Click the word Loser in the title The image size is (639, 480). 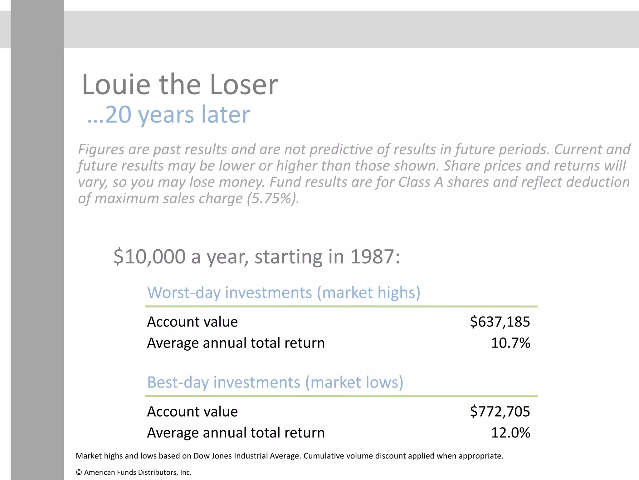tap(244, 85)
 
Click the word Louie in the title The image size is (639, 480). tap(116, 85)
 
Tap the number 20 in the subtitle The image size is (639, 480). tap(118, 115)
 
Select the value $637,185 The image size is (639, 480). tap(500, 322)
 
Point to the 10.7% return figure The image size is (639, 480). tap(510, 343)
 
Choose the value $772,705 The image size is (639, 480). tap(500, 411)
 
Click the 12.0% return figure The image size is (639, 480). tap(510, 432)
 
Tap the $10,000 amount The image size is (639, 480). tap(149, 257)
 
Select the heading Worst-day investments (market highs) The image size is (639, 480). tap(284, 292)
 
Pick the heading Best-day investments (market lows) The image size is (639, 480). tap(275, 382)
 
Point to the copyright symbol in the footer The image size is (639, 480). tap(79, 472)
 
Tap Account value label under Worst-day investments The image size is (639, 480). tap(192, 322)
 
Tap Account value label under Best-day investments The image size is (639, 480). tap(192, 411)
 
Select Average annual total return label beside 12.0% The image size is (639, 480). tap(236, 432)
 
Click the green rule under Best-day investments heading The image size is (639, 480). tap(341, 396)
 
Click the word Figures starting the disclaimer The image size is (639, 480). tap(101, 149)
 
